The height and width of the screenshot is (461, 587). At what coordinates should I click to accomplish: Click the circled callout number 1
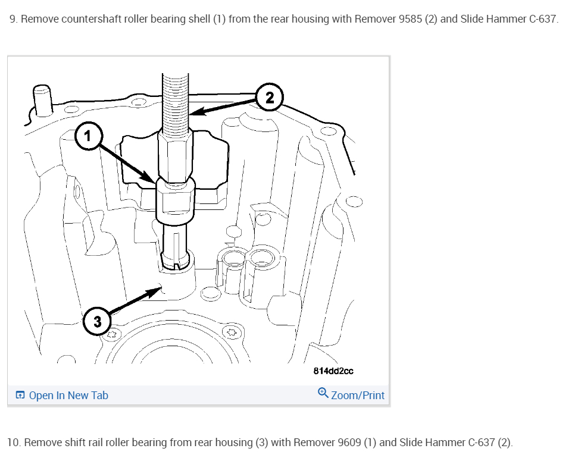click(88, 136)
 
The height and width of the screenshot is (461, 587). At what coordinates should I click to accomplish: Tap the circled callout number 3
click(97, 322)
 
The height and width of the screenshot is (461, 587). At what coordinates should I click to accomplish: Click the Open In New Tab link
click(68, 396)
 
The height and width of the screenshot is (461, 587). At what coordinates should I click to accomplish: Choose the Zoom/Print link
click(357, 396)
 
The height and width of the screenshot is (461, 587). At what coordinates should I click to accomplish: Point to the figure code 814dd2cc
click(333, 371)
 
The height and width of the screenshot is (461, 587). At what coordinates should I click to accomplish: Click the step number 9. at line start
click(13, 18)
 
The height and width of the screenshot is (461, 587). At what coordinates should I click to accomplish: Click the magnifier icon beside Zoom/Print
click(323, 393)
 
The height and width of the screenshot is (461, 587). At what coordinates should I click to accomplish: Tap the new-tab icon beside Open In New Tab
click(21, 396)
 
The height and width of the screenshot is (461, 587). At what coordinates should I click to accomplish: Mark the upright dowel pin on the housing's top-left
click(42, 99)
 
